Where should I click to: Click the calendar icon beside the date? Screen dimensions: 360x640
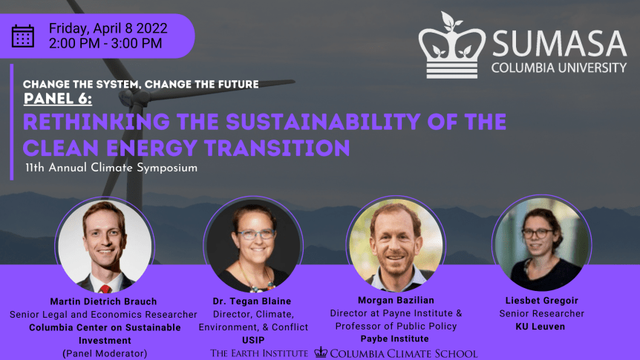(23, 36)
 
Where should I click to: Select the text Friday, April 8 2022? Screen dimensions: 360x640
(108, 28)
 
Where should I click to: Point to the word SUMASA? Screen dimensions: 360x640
(558, 44)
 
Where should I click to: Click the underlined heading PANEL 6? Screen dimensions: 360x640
(58, 99)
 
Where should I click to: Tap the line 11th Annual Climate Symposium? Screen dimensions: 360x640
(111, 168)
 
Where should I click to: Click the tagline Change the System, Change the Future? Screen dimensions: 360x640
(141, 84)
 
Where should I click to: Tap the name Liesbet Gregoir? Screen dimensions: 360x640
(541, 301)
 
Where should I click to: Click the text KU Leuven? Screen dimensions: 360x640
(541, 327)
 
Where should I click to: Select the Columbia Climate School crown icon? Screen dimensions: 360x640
(321, 353)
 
